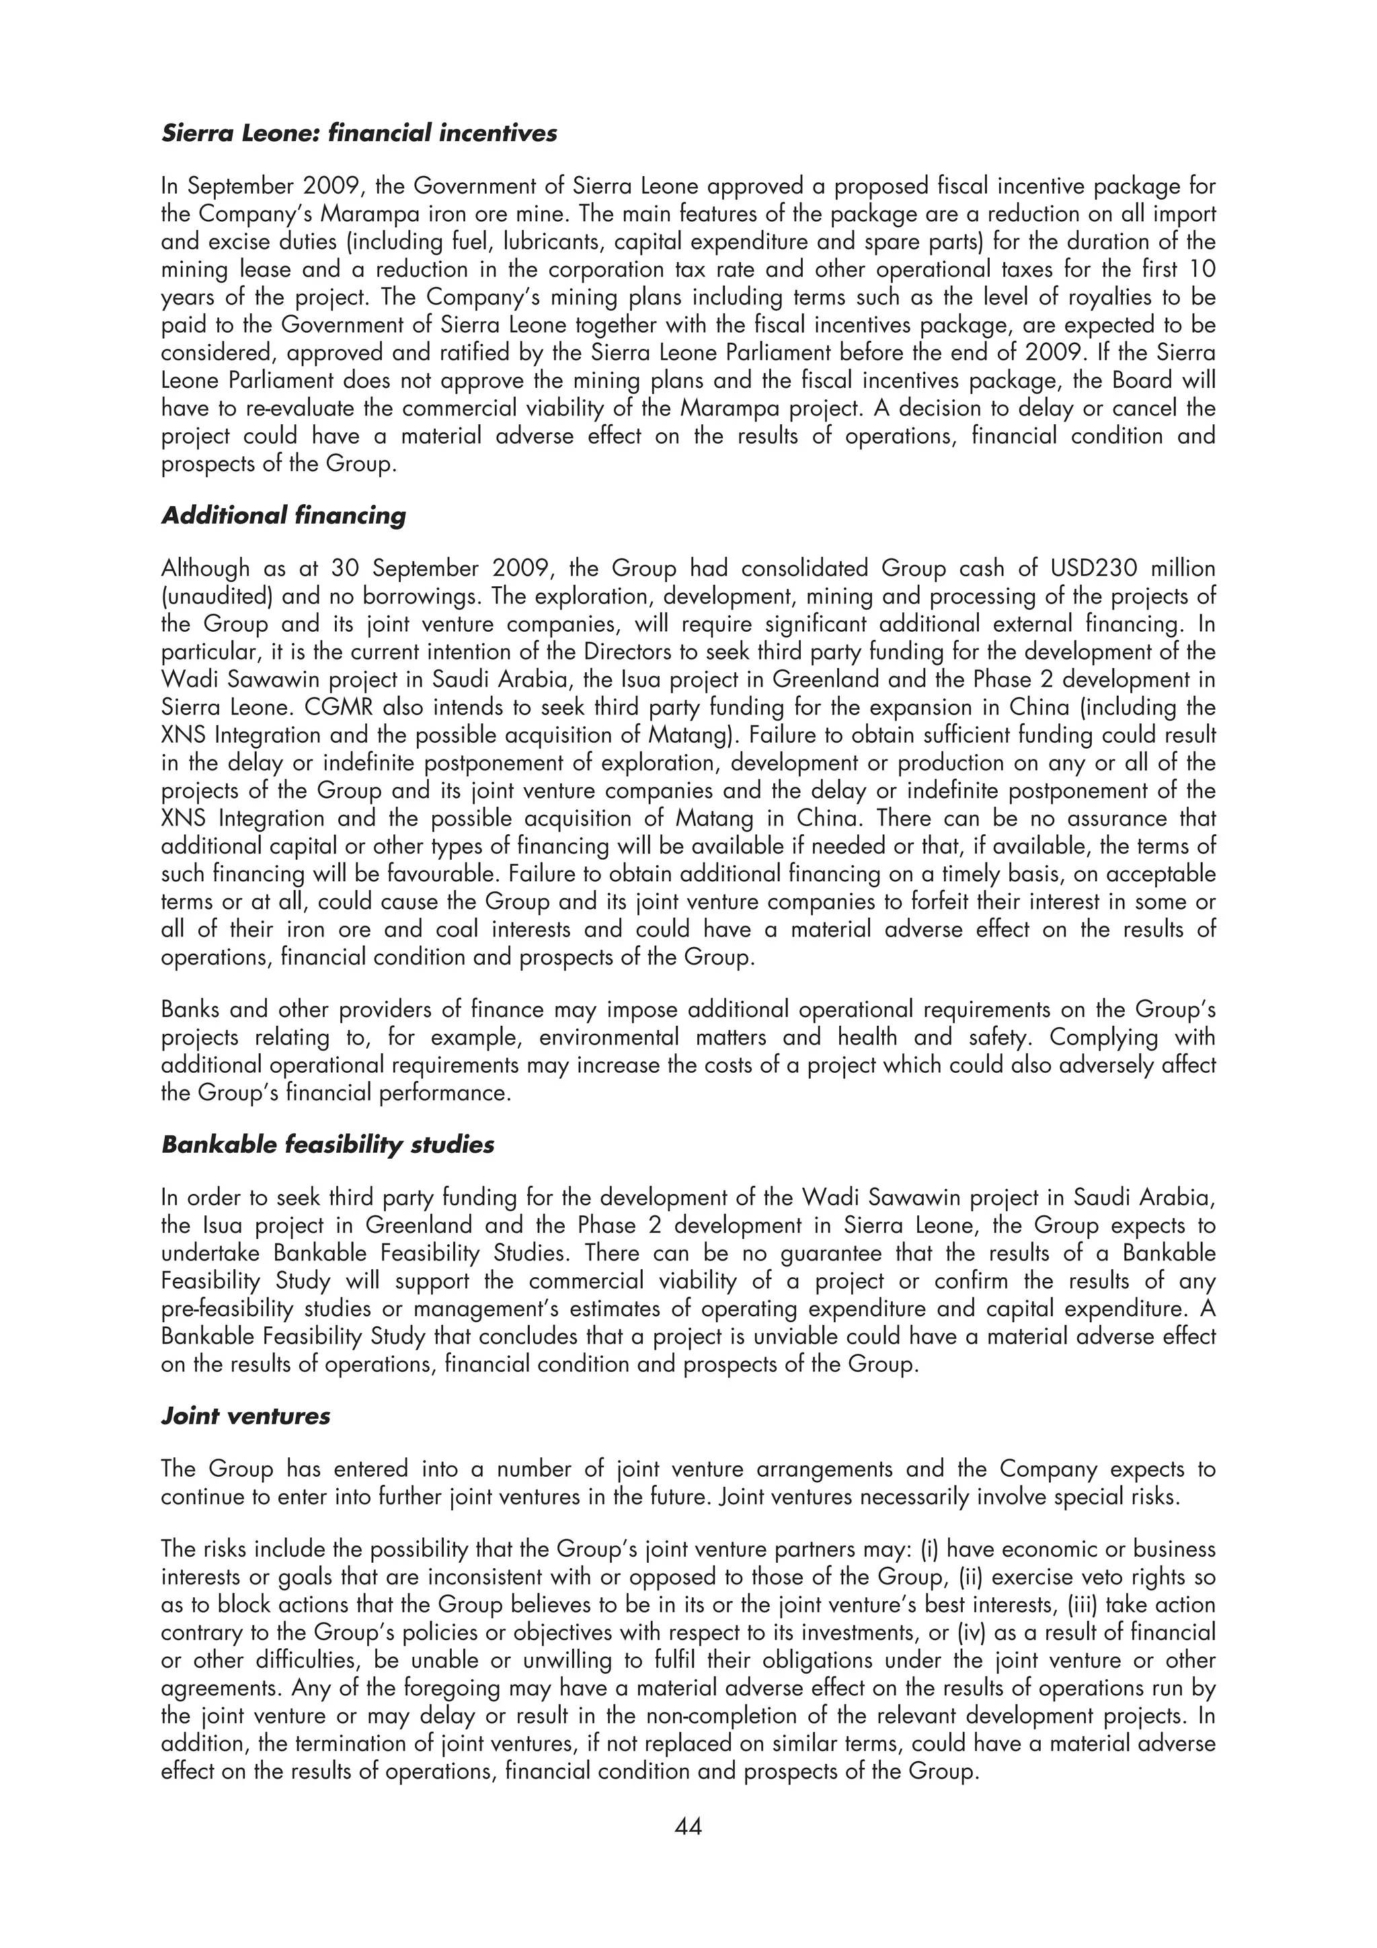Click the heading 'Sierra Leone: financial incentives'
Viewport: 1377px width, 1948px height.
(x=358, y=134)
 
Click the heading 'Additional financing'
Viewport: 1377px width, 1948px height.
(x=283, y=516)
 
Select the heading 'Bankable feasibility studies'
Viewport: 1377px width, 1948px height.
(x=327, y=1145)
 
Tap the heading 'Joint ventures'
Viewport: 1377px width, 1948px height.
(x=245, y=1416)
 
